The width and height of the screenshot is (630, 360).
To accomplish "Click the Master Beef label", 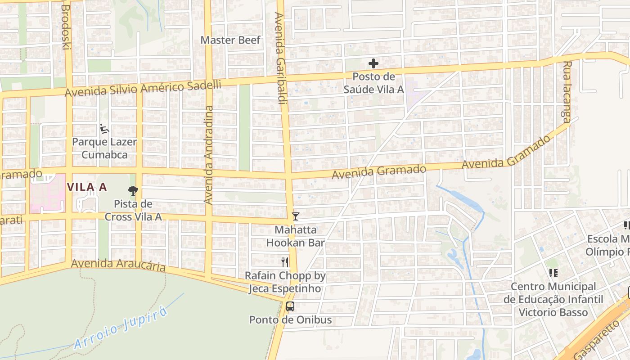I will click(230, 40).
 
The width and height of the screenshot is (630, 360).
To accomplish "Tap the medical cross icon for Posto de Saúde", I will click(373, 64).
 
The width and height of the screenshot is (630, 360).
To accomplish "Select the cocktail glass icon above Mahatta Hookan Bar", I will click(295, 216).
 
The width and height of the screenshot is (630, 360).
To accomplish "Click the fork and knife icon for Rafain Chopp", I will click(284, 262).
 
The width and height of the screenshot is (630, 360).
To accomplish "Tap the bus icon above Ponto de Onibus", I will click(290, 307).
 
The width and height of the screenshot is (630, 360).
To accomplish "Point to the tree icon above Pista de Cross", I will click(133, 191).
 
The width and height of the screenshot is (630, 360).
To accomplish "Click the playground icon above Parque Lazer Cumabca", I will click(104, 129).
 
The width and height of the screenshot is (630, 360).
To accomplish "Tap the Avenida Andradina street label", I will click(208, 155).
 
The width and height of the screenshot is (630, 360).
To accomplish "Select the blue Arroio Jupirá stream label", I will click(121, 328).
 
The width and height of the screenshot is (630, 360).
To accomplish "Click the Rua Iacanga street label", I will click(567, 91).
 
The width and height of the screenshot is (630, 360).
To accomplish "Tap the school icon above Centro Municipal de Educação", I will click(553, 273).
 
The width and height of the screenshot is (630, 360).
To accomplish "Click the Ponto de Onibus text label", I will click(291, 320).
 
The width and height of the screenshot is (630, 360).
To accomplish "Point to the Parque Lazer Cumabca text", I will click(104, 148).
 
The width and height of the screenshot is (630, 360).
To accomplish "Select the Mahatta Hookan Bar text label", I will click(295, 236).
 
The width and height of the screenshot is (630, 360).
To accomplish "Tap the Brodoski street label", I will click(66, 27).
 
